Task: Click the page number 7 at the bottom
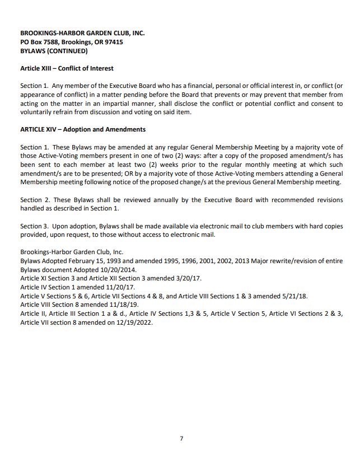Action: [181, 438]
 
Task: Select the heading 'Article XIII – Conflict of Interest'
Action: [67, 68]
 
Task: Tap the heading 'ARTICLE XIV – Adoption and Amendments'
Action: [83, 129]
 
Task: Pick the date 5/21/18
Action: [294, 296]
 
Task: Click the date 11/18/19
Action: [111, 305]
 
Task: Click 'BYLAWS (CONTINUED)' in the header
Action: [54, 51]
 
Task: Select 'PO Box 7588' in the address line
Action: [39, 42]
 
